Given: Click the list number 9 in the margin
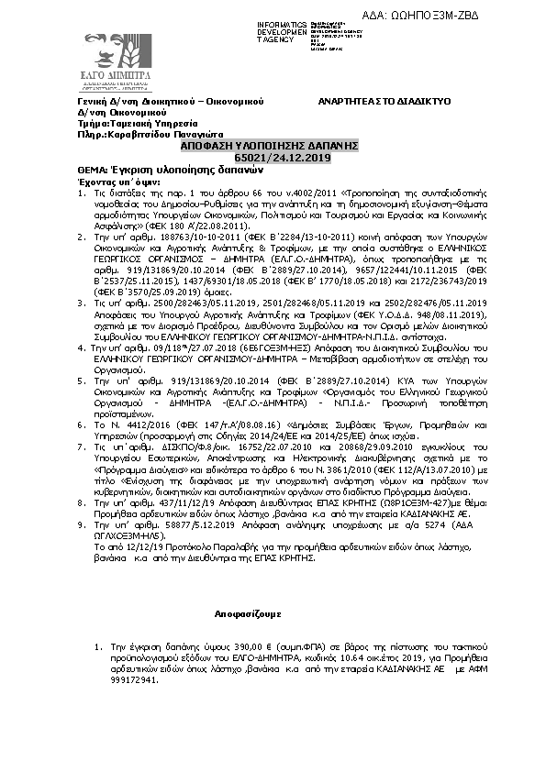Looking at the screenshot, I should click(x=96, y=524).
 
